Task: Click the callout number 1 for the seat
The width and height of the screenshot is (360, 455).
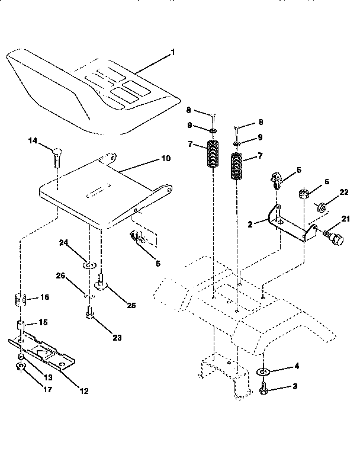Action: [172, 53]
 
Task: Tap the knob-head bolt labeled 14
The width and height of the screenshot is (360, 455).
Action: [56, 155]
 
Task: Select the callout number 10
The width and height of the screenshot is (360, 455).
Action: [165, 158]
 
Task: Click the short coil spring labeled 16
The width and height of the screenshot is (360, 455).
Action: [21, 299]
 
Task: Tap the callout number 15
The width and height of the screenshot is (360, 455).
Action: [42, 322]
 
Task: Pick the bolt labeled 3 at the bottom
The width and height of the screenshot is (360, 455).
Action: [263, 389]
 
